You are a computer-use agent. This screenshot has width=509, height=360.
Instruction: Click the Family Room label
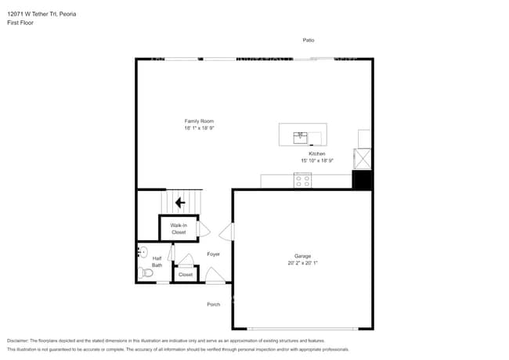199,121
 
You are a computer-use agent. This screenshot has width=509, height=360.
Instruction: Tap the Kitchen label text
317,154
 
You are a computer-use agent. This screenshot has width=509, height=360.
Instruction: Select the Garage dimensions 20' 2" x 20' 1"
302,263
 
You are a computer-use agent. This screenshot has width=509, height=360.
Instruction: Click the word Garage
302,256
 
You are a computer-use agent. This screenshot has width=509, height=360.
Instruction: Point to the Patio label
309,40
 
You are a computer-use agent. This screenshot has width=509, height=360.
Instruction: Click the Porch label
213,304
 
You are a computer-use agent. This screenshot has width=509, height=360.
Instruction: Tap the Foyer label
213,254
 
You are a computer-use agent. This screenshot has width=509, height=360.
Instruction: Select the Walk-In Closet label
179,229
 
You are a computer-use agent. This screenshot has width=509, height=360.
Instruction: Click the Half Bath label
157,261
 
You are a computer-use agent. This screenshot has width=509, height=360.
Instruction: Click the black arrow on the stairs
180,203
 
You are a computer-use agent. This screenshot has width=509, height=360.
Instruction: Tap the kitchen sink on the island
301,138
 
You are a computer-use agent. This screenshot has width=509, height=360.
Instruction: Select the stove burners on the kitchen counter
302,181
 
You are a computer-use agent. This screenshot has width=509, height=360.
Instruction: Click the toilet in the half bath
146,272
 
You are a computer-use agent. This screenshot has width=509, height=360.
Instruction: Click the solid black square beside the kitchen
362,180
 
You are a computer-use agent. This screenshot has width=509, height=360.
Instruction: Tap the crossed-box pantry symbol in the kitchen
363,159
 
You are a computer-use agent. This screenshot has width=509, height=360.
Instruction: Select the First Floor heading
20,23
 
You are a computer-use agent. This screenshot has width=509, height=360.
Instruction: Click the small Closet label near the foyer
186,275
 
